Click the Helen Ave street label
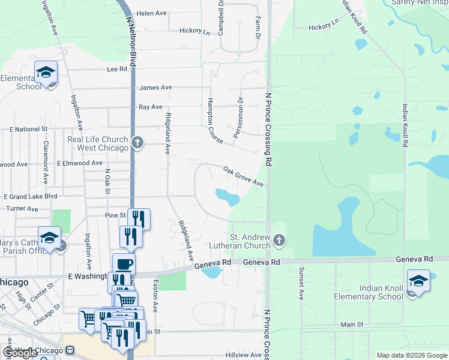click(151, 13)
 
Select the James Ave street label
click(155, 88)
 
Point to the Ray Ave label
click(151, 107)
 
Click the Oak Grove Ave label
click(243, 176)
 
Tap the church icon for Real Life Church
click(137, 143)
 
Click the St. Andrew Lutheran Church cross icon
click(279, 241)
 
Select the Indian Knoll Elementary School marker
click(418, 280)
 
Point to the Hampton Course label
click(214, 121)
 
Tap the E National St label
click(28, 129)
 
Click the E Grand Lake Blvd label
click(30, 196)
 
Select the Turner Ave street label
click(22, 209)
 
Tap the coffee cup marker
click(124, 264)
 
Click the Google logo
click(20, 353)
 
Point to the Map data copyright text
click(412, 355)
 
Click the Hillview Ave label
click(243, 355)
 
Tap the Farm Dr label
click(258, 28)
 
